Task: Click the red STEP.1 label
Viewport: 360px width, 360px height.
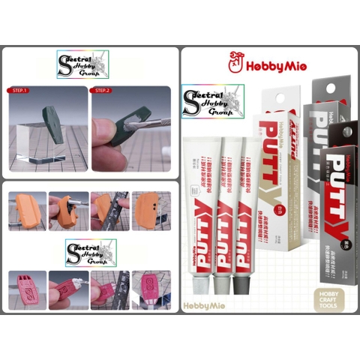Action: (20, 91)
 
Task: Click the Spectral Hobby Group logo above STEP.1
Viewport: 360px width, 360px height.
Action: (82, 64)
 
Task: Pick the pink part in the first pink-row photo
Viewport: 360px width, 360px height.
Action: (27, 288)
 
